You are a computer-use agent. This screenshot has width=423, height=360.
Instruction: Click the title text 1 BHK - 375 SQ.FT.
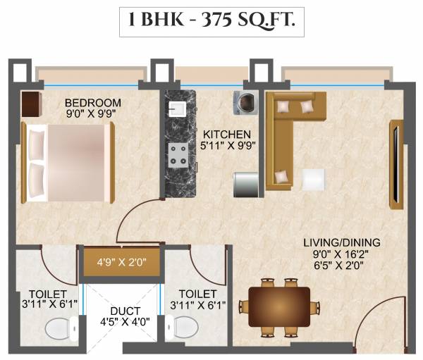click(211, 23)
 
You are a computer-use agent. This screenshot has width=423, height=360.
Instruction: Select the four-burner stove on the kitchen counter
click(178, 155)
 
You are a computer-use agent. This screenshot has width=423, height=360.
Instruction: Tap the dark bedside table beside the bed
click(31, 104)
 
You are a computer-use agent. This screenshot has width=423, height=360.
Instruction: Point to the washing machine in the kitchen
click(245, 103)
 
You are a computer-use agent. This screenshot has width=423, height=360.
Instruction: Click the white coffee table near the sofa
click(314, 179)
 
